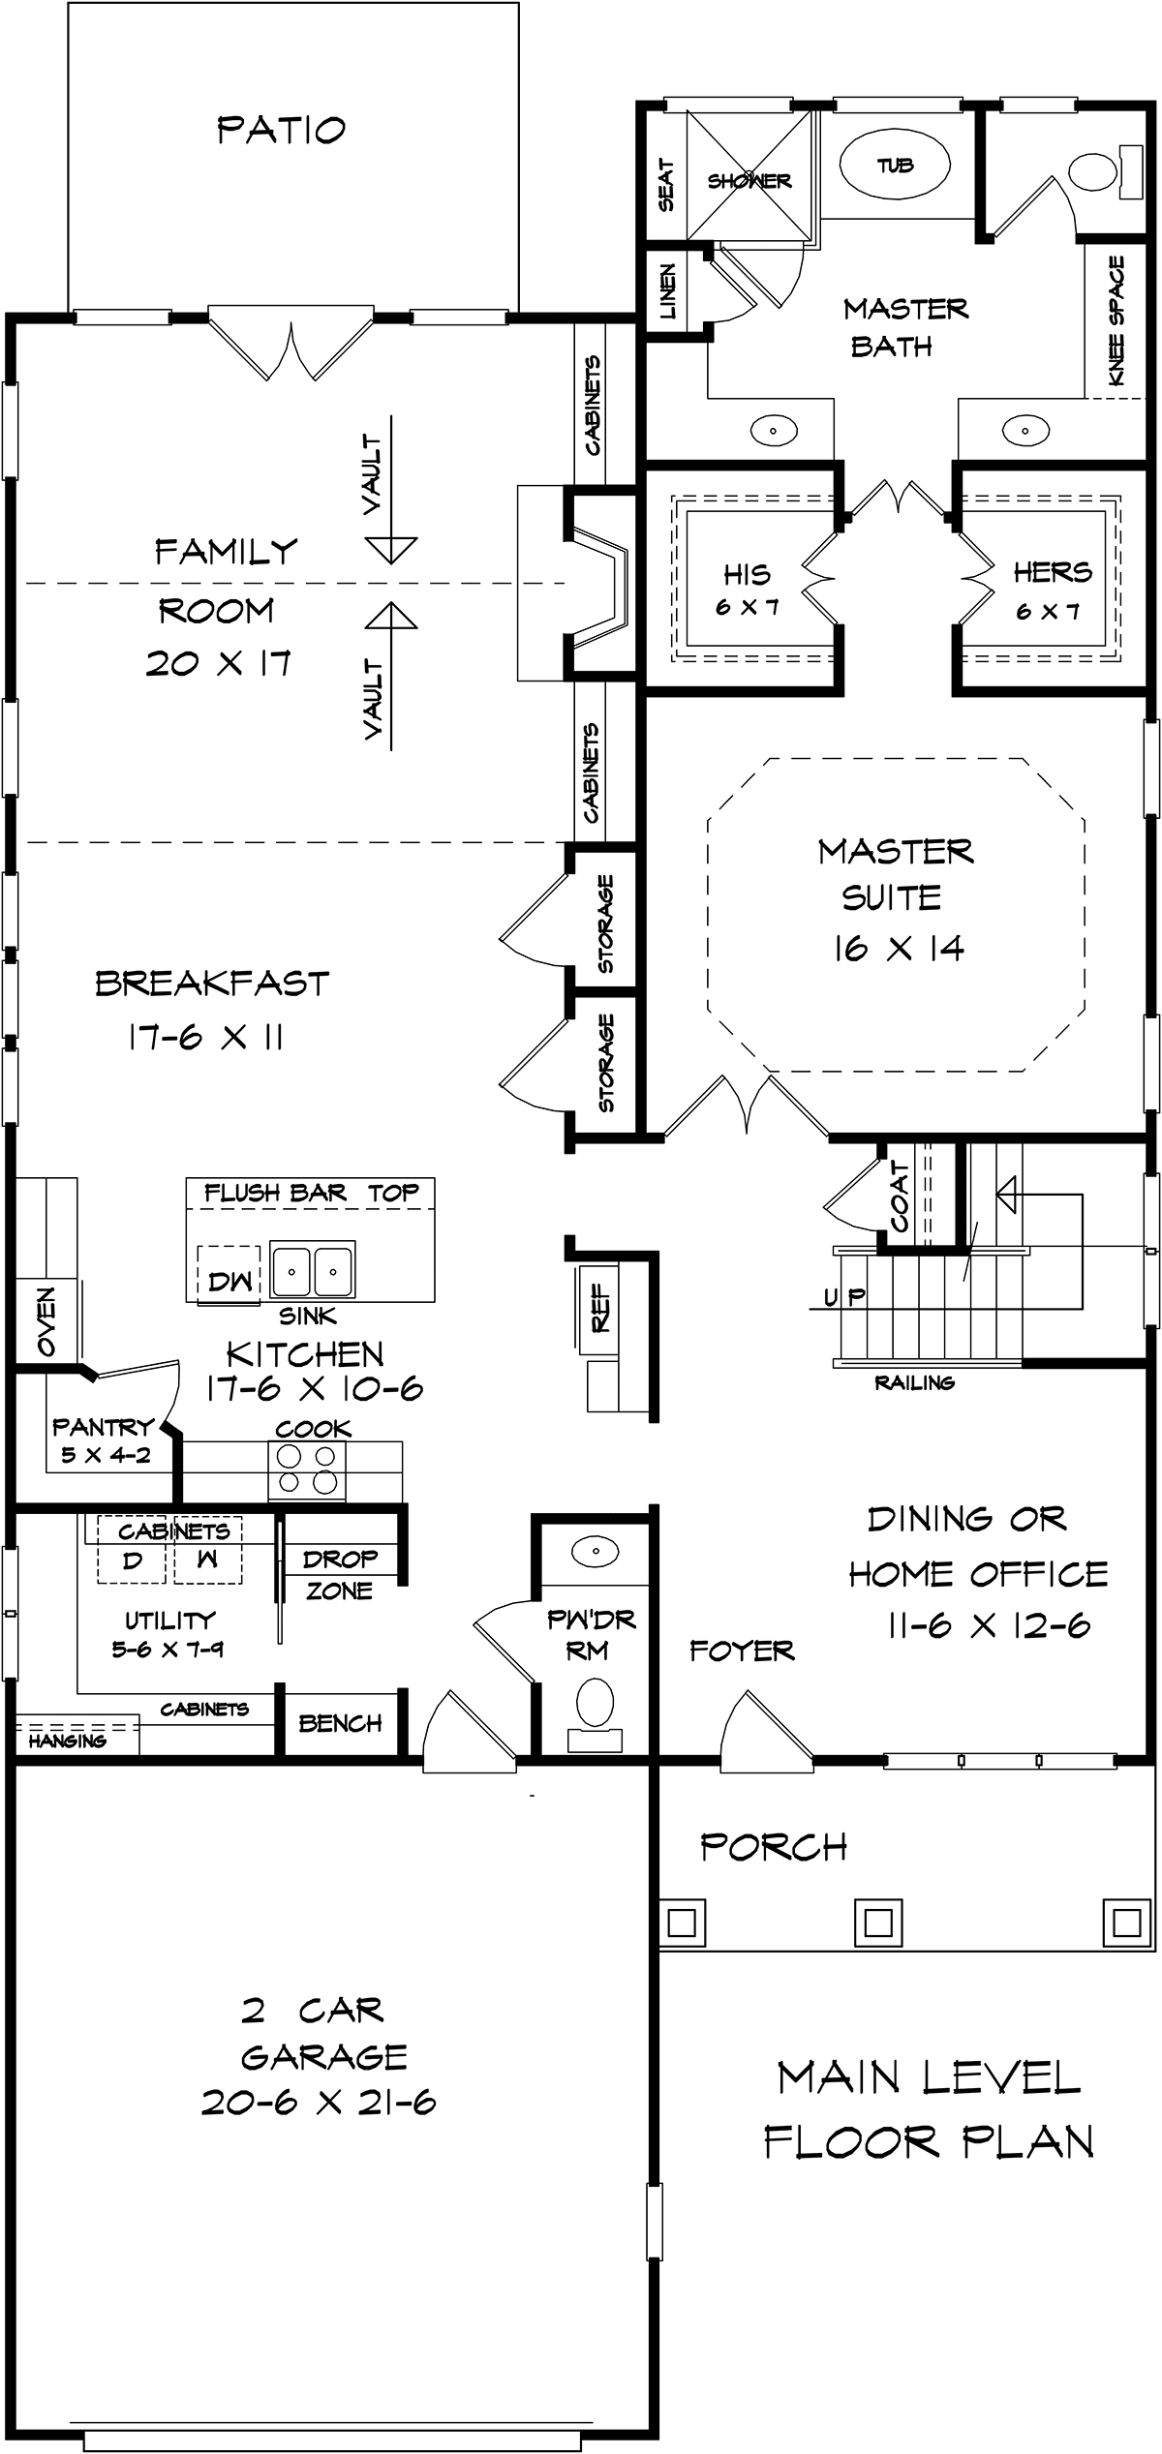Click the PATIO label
pos(281,129)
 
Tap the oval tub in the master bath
pos(895,165)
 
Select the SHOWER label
pos(749,181)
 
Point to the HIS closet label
pos(747,574)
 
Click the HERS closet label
pos(1053,572)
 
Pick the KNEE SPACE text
pos(1116,319)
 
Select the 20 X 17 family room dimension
pos(218,663)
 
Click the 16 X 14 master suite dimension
pos(899,948)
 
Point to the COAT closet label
pos(900,1197)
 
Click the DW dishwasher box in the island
pos(229,1281)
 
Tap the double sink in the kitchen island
pos(312,1269)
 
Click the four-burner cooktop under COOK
pos(308,1469)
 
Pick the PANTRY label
pos(103,1426)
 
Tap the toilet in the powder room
pos(595,1705)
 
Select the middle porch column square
pos(877,1921)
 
